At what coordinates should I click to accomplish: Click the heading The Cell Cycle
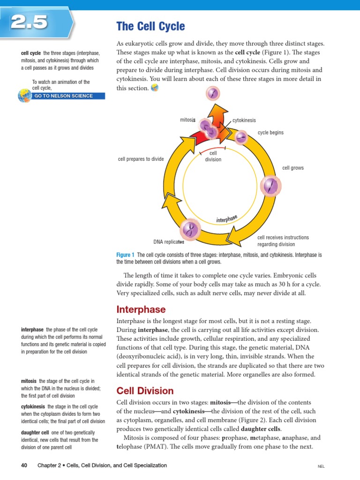click(150, 26)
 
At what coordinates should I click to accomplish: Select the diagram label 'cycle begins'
click(270, 133)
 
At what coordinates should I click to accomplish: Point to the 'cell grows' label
click(293, 168)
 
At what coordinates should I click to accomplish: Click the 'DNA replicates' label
click(169, 242)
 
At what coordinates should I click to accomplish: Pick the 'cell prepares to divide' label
click(141, 159)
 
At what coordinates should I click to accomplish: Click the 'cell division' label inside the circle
click(213, 156)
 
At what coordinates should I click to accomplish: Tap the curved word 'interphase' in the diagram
click(227, 218)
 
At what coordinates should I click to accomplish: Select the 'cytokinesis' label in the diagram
click(244, 120)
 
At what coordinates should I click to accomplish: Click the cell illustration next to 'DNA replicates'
click(190, 229)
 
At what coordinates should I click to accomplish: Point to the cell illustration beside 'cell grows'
click(270, 186)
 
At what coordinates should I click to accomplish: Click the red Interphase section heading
click(141, 310)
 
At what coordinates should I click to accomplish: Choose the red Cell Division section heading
click(144, 391)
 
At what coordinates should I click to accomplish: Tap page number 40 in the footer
click(25, 465)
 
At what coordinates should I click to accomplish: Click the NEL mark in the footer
click(321, 467)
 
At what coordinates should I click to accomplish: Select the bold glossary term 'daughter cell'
click(35, 433)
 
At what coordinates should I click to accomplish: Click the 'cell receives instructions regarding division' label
click(277, 241)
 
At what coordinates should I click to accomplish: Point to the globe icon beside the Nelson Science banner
click(23, 96)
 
